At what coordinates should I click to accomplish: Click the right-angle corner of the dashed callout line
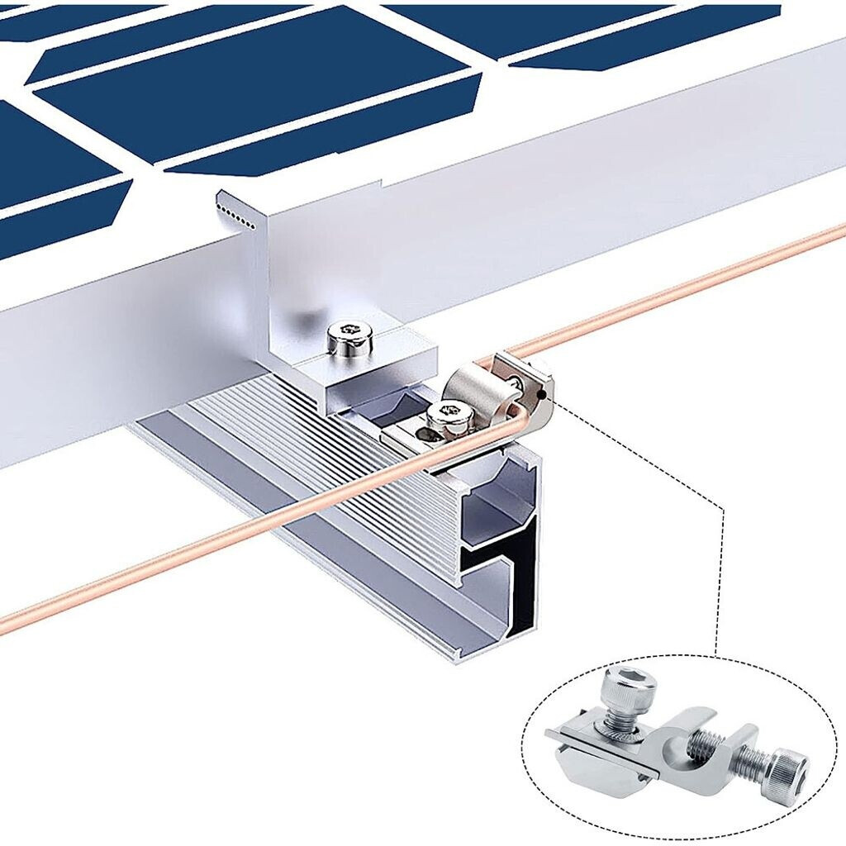coord(724,509)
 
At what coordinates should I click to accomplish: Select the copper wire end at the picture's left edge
coord(7,623)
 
